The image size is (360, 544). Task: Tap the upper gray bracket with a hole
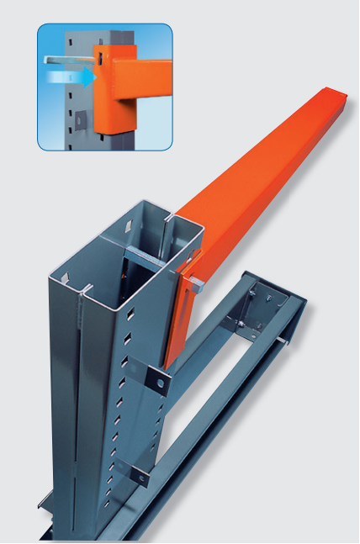coord(156,381)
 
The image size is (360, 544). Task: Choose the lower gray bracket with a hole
coord(140,476)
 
